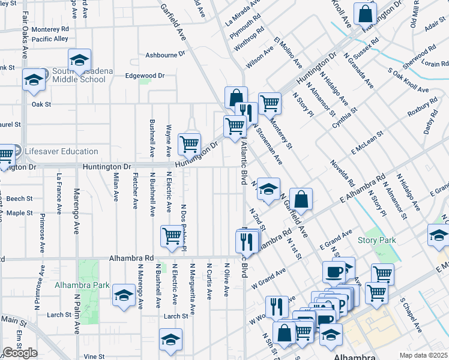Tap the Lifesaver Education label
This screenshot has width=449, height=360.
click(x=62, y=152)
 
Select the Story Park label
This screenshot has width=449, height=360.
click(x=376, y=241)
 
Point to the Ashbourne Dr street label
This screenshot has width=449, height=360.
click(x=165, y=55)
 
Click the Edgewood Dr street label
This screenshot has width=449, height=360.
click(x=144, y=76)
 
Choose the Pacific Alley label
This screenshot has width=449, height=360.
click(x=50, y=39)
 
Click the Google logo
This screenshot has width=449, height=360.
click(x=20, y=353)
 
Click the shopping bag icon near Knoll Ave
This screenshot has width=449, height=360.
click(x=365, y=13)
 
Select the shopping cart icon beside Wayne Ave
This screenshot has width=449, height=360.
click(x=190, y=143)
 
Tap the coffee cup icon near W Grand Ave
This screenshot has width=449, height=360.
click(x=334, y=272)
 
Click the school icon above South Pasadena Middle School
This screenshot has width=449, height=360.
click(x=79, y=59)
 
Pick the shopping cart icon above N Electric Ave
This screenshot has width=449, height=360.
click(x=172, y=236)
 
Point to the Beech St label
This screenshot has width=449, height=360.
click(x=20, y=199)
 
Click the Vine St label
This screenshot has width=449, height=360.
click(x=94, y=356)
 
